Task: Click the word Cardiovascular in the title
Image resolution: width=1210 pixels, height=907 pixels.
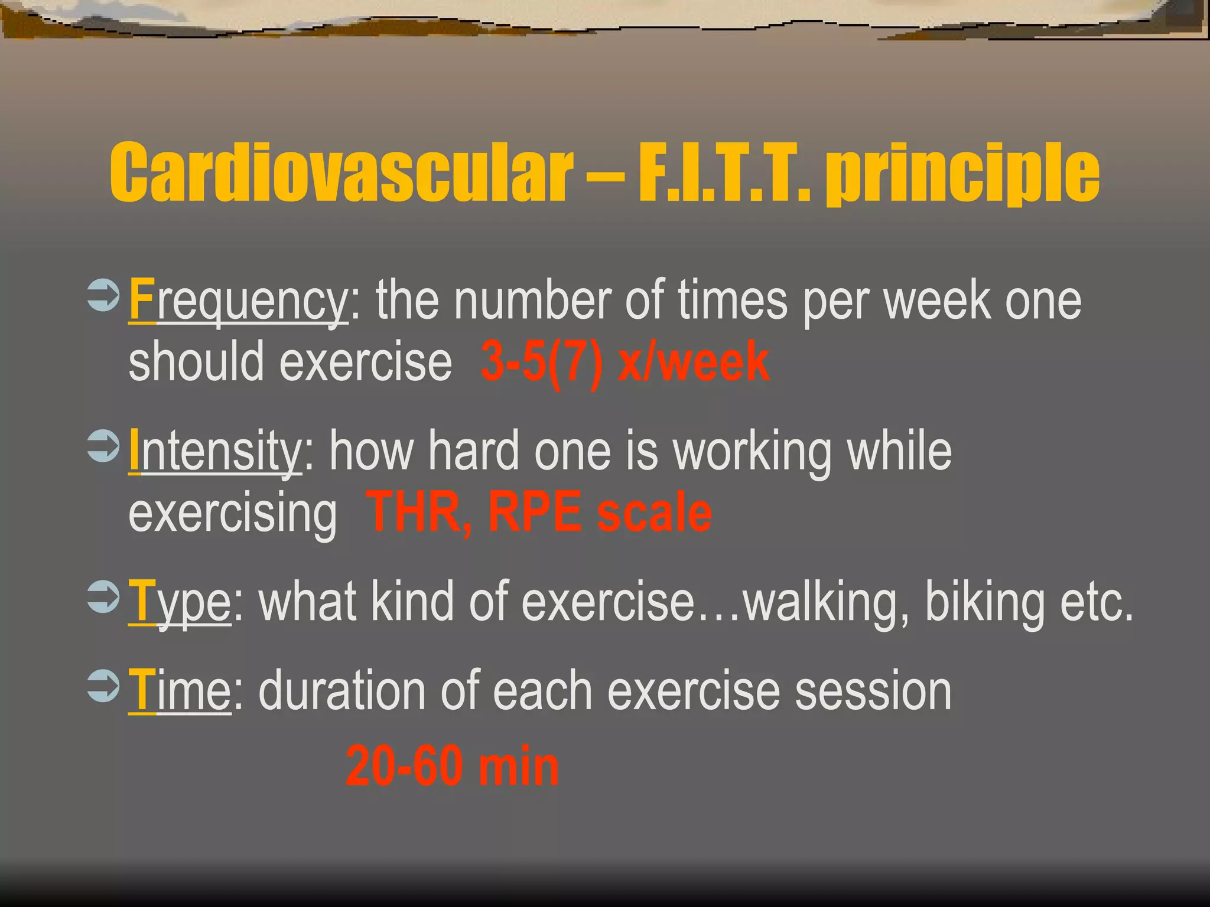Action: click(x=341, y=172)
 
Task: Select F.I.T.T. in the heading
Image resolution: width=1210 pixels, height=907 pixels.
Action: click(x=724, y=172)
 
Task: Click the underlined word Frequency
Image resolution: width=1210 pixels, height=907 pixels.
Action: click(x=238, y=301)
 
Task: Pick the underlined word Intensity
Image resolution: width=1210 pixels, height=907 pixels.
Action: click(x=216, y=452)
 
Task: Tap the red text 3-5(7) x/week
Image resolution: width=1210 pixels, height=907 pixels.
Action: click(x=625, y=361)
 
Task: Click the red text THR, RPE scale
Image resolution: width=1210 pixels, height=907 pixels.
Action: click(x=539, y=513)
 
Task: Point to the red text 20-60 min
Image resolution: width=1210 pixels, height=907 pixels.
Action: click(x=452, y=766)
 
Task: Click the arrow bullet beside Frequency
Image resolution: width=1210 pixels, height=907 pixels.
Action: click(x=103, y=296)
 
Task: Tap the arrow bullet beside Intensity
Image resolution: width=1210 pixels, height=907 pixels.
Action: click(x=103, y=446)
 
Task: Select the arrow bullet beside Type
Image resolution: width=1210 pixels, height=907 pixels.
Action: click(x=103, y=597)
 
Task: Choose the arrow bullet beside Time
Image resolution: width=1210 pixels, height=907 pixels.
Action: click(x=103, y=686)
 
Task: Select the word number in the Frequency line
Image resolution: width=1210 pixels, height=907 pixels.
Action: click(x=532, y=301)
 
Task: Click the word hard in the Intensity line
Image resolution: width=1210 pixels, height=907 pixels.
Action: click(x=473, y=452)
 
